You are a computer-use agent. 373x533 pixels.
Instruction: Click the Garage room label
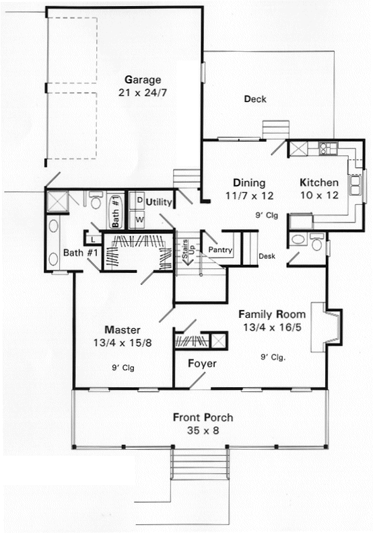pos(143,80)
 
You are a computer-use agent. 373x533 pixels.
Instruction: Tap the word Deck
pos(255,99)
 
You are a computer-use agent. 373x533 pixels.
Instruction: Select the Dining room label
pos(249,183)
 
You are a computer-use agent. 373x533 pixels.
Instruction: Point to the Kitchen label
pos(319,183)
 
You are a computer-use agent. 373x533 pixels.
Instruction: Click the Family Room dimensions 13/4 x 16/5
pos(272,327)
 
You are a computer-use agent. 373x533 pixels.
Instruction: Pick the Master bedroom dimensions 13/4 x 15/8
pos(123,343)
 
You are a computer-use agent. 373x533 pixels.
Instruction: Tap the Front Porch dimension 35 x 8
pos(203,431)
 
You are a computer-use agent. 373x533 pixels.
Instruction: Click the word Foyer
pos(203,364)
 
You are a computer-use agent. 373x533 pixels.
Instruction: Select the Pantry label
pos(220,250)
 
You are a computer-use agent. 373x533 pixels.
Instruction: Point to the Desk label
pos(267,256)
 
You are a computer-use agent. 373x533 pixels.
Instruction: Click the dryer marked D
pos(139,201)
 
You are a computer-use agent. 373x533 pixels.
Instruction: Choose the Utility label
pos(159,202)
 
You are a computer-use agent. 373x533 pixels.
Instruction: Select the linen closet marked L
pos(93,240)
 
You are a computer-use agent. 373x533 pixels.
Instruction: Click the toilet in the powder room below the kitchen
pos(317,242)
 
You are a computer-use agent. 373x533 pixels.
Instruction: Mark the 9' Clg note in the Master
pos(123,368)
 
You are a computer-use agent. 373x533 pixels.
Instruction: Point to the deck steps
pos(276,130)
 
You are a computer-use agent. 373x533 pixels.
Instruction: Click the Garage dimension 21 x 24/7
pos(143,93)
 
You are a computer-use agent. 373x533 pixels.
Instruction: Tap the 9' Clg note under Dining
pos(267,215)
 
